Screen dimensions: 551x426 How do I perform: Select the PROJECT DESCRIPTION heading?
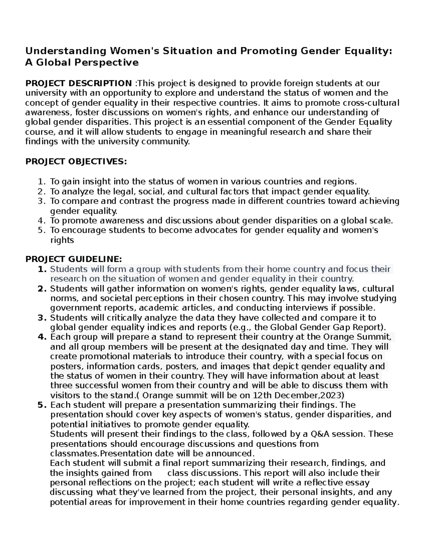pyautogui.click(x=78, y=83)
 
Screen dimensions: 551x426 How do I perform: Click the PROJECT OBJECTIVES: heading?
pyautogui.click(x=76, y=162)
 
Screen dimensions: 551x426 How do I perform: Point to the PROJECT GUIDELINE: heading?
pyautogui.click(x=73, y=259)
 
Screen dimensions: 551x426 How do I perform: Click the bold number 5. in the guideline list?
pyautogui.click(x=42, y=405)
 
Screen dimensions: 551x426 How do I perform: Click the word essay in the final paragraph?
pyautogui.click(x=357, y=483)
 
